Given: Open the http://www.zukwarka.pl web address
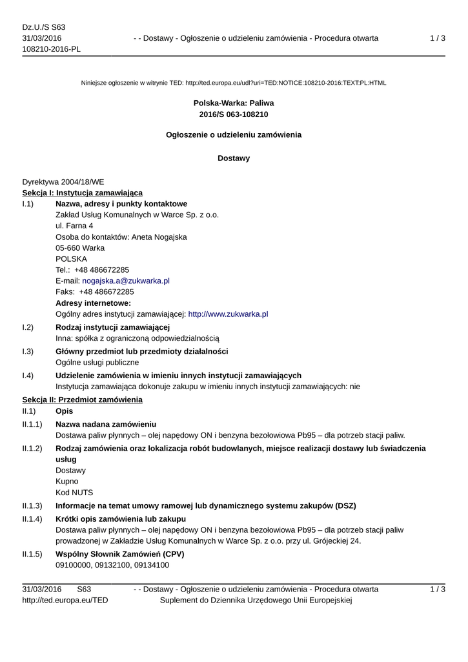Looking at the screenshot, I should [228, 314].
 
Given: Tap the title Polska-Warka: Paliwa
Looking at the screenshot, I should [234, 103].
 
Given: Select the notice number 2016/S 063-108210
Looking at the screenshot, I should [234, 114].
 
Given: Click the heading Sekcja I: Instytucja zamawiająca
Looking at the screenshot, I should [83, 193].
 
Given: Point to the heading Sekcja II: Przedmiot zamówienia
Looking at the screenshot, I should [83, 400].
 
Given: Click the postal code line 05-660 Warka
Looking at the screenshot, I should [80, 248].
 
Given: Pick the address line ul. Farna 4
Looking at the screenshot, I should [74, 226].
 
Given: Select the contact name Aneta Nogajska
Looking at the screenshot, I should [159, 237].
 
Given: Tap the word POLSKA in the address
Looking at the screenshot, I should [71, 259].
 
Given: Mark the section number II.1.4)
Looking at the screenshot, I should [32, 519].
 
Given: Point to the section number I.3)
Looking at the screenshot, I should [28, 352].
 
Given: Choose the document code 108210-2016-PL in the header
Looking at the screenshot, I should [52, 50].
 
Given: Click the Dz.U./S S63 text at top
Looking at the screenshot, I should [44, 27].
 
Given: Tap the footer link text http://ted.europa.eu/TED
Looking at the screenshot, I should [65, 601].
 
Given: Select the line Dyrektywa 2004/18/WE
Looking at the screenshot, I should [63, 182].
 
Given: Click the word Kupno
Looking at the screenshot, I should [67, 482].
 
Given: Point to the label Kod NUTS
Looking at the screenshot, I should [74, 493].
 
